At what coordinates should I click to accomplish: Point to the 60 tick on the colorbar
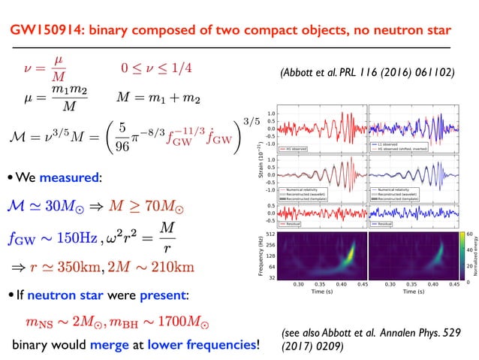[468, 234]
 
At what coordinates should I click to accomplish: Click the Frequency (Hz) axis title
[261, 256]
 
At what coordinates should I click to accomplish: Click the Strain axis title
[260, 162]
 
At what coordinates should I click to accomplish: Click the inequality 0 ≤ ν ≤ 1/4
[156, 68]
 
